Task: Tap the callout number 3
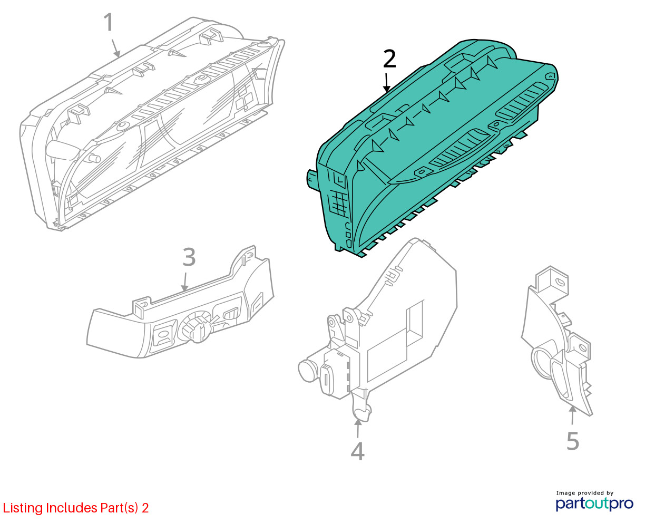189,257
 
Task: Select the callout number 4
357,451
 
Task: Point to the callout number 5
573,441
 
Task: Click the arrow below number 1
116,48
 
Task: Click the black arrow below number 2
386,82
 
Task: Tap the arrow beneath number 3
185,282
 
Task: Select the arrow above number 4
358,428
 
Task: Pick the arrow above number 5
572,415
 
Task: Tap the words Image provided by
584,493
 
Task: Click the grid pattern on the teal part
339,204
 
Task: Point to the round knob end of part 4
307,370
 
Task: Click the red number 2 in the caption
145,508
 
